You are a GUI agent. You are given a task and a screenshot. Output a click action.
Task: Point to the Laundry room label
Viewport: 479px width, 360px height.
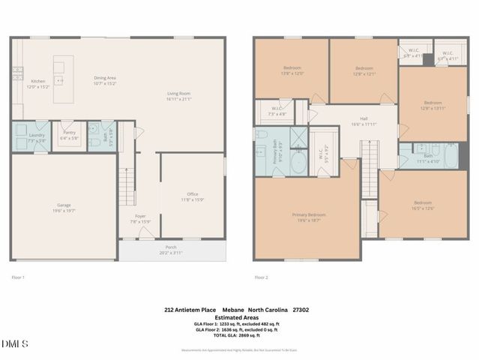tap(37, 137)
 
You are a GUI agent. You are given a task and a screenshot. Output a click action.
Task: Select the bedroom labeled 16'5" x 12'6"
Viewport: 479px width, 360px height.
tap(424, 205)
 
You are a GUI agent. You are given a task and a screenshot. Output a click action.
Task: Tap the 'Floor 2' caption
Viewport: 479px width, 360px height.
tap(261, 277)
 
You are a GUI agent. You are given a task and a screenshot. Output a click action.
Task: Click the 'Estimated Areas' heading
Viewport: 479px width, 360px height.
tap(238, 316)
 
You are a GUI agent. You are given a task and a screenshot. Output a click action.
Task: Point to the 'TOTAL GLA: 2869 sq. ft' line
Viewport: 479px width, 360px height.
tap(238, 335)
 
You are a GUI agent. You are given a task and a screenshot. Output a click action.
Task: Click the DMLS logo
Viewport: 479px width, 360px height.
tap(15, 343)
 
